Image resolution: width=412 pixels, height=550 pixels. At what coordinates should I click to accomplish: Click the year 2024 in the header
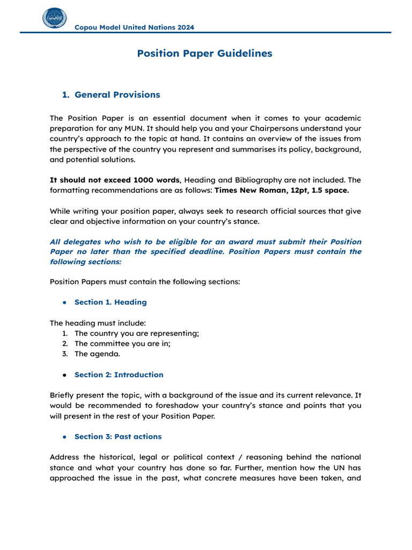186,27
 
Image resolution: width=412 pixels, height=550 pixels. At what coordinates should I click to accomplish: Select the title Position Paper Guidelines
204,54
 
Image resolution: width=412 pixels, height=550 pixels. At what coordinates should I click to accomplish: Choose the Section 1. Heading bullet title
110,302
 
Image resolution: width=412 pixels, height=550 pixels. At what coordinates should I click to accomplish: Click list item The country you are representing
136,334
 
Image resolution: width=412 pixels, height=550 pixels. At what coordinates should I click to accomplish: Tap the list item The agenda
97,354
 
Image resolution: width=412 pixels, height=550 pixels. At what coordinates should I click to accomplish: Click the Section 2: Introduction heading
119,375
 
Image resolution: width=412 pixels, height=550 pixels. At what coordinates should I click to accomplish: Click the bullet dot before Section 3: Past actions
64,437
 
